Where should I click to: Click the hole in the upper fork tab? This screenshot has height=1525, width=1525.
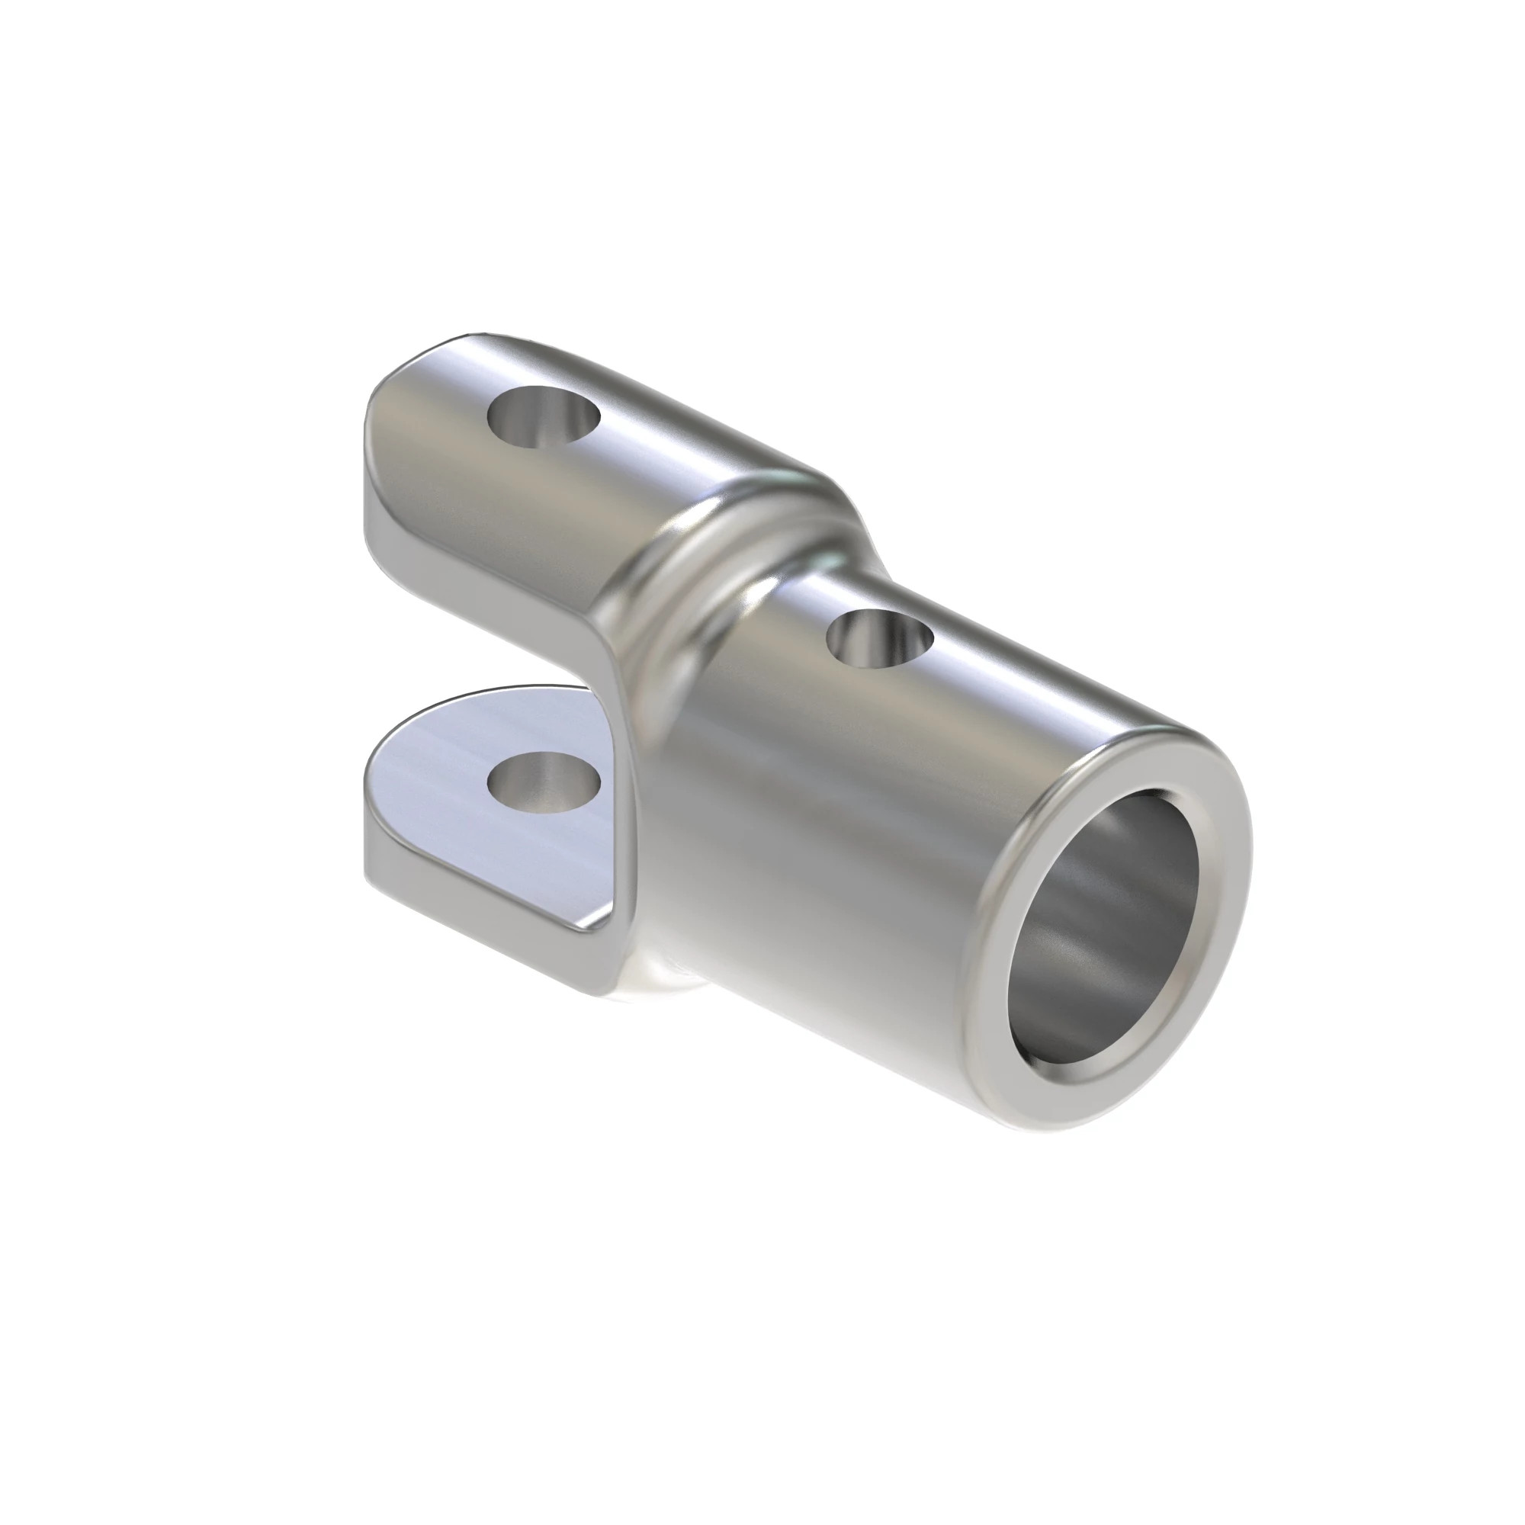[x=544, y=418]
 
